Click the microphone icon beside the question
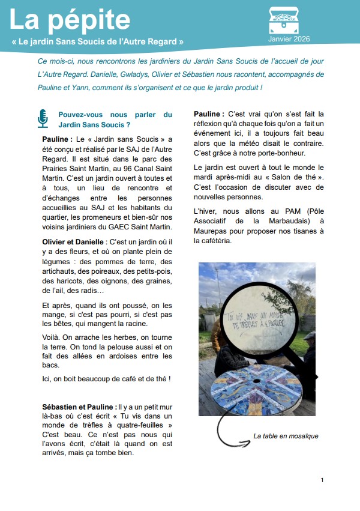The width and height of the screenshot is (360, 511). (x=43, y=119)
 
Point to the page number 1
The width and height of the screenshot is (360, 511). (x=322, y=480)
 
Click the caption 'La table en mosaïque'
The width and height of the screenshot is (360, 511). (x=286, y=436)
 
